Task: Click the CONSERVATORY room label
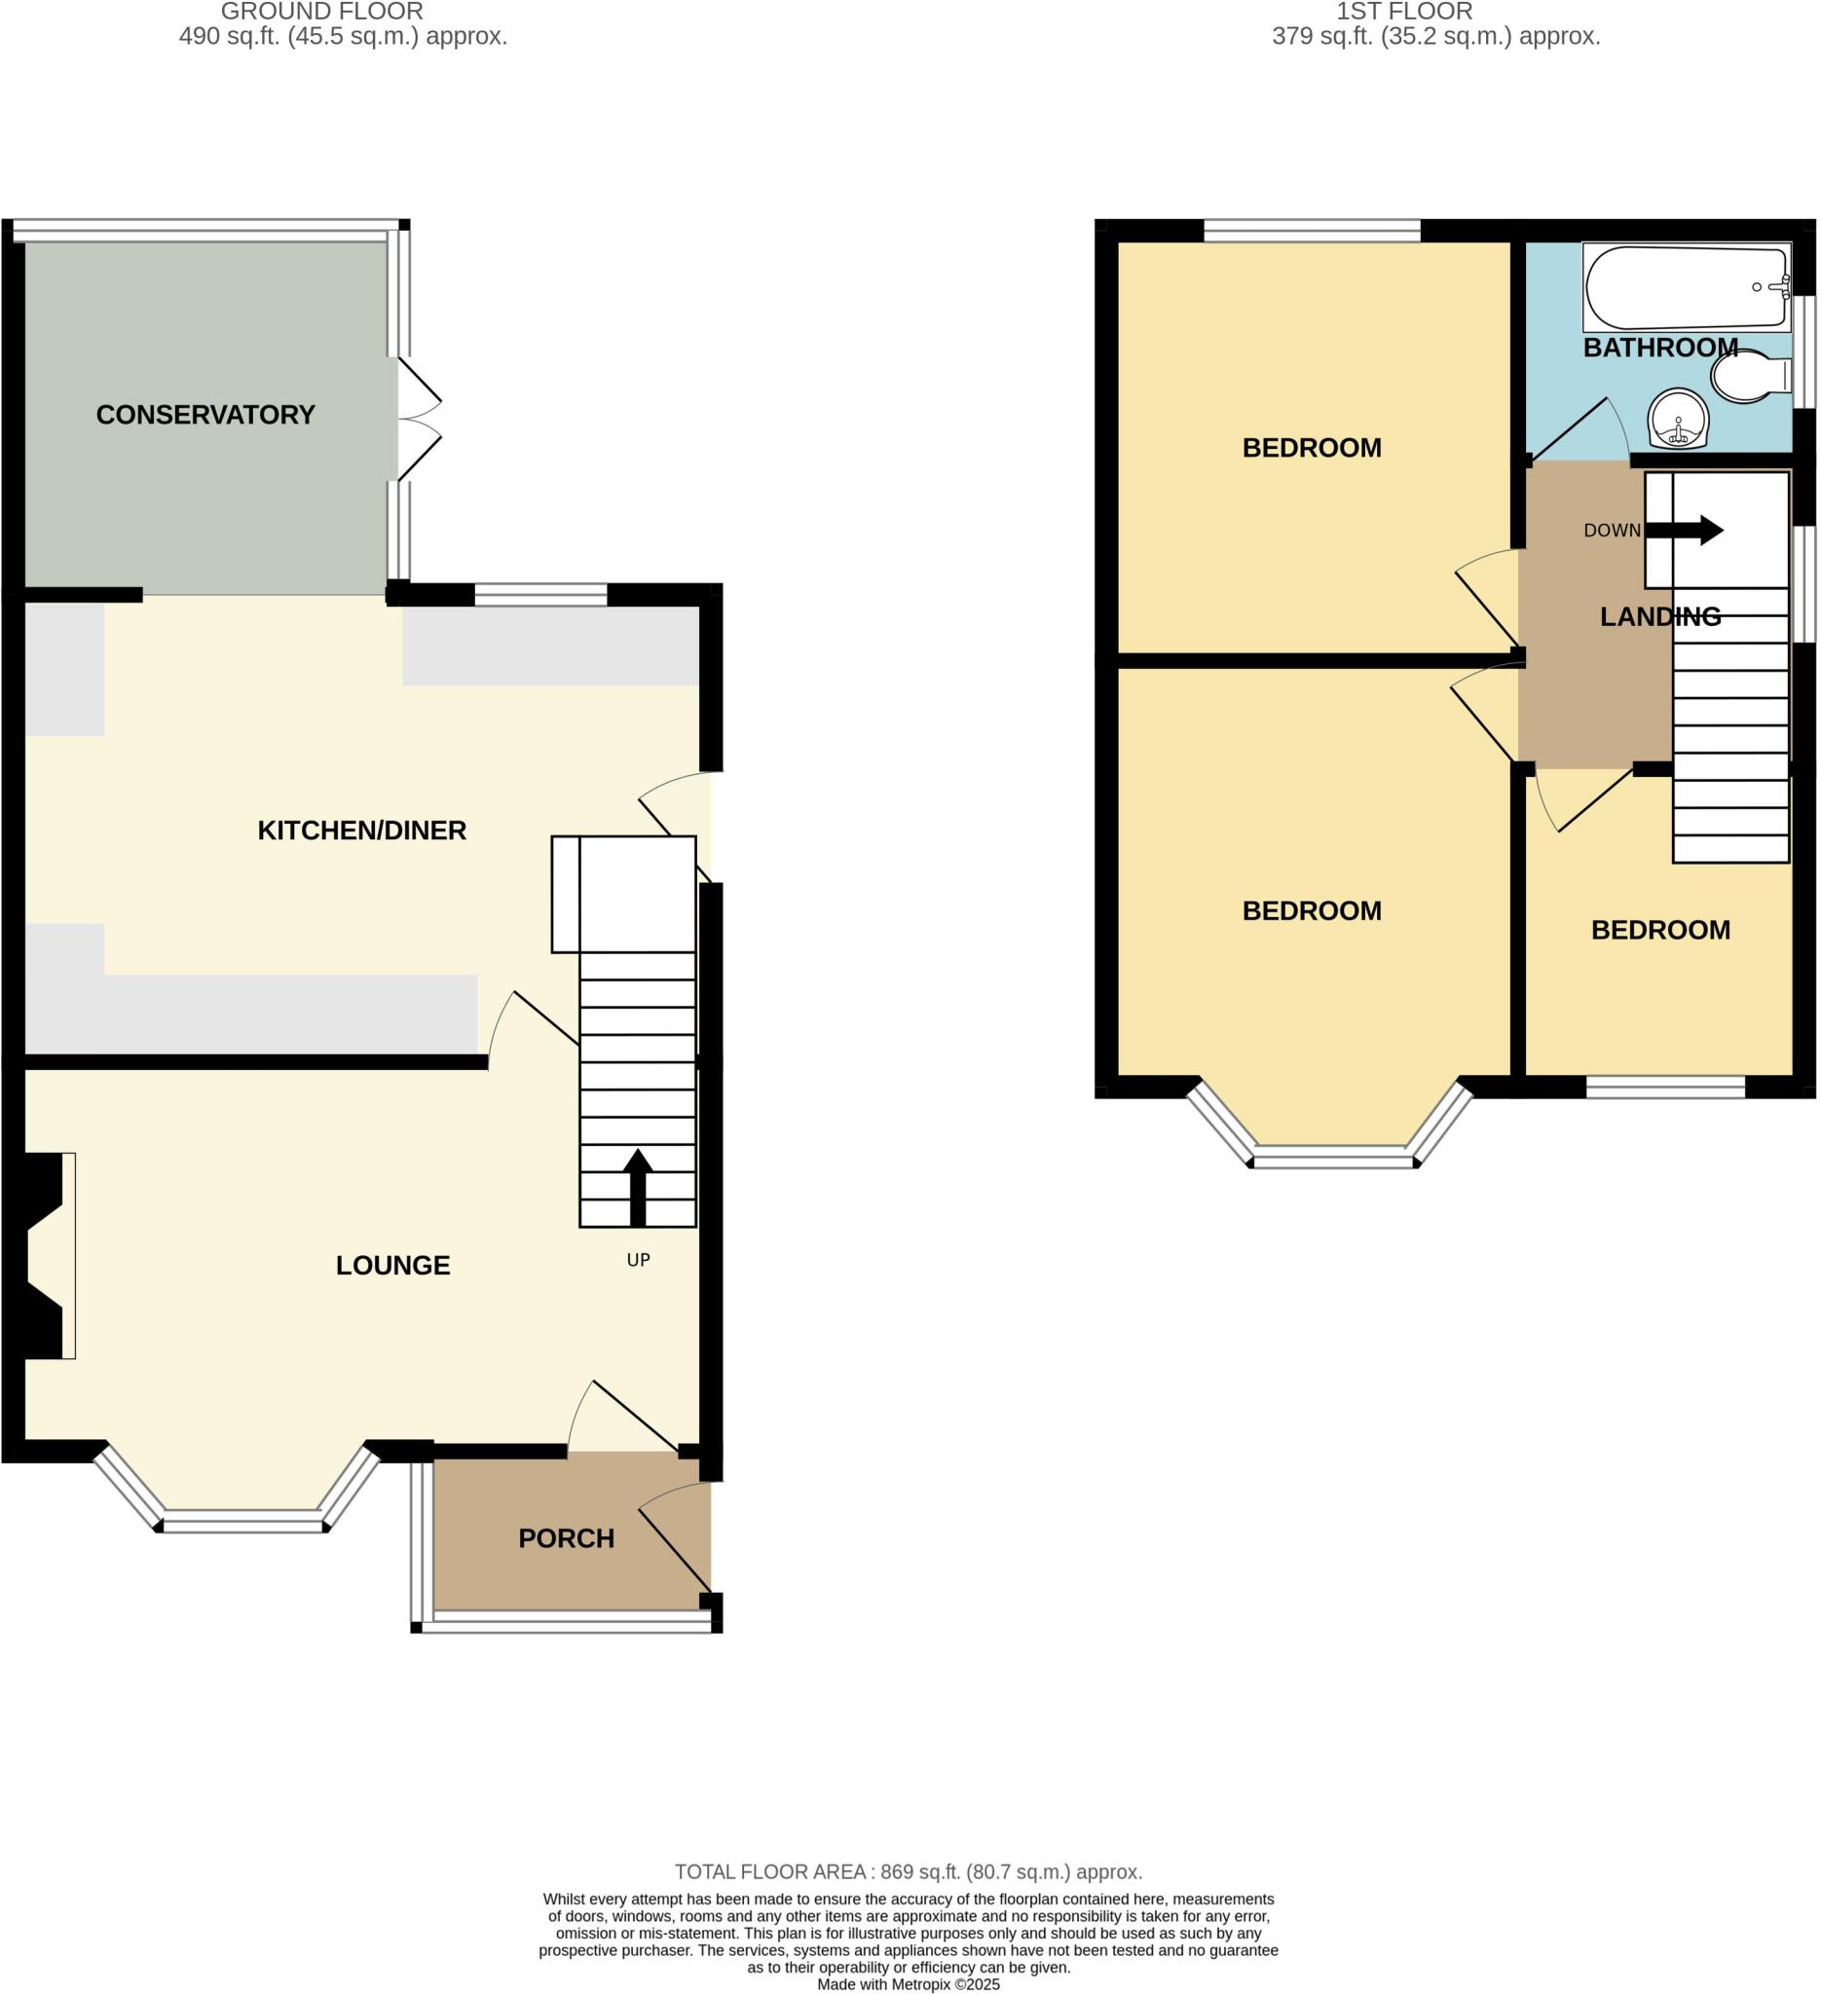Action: pos(204,415)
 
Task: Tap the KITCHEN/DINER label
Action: pos(361,830)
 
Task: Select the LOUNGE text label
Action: pos(392,1265)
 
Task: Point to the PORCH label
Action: pos(566,1538)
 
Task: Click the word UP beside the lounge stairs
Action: pos(638,1260)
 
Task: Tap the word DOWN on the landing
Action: pos(1612,531)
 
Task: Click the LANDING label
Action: pos(1659,616)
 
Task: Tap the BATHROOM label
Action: pos(1659,348)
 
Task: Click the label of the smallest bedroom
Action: pos(1659,930)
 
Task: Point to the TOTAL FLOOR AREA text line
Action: pos(908,1871)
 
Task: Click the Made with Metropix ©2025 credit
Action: pos(908,1984)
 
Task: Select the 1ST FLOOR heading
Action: pos(1403,12)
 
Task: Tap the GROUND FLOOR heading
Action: pos(321,12)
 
